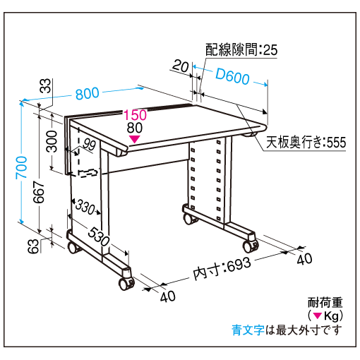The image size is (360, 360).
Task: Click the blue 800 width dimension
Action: click(x=88, y=93)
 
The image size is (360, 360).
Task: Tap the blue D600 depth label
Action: click(x=232, y=76)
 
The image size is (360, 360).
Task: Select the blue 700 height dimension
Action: click(x=21, y=167)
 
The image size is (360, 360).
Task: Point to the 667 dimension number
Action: click(x=39, y=192)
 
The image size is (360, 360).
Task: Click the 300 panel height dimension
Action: click(x=52, y=141)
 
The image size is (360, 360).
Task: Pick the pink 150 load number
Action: click(x=135, y=115)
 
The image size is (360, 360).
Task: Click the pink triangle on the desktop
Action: click(x=134, y=139)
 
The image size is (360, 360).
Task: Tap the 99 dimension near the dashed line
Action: click(x=89, y=144)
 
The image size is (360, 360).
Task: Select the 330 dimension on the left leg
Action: click(x=85, y=207)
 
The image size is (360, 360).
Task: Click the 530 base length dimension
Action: click(x=99, y=236)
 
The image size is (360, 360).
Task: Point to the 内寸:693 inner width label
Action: click(x=222, y=268)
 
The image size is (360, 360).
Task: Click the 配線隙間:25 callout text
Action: click(x=241, y=49)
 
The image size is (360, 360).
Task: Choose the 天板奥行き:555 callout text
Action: click(x=306, y=142)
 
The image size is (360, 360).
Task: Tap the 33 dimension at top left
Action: click(x=45, y=85)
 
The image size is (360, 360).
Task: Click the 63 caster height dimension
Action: click(x=33, y=246)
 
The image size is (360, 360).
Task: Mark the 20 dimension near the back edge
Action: click(x=181, y=66)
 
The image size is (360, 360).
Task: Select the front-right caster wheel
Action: click(x=250, y=246)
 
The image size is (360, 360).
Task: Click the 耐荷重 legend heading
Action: click(x=325, y=303)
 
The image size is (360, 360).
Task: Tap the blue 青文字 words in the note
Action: click(x=248, y=330)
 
